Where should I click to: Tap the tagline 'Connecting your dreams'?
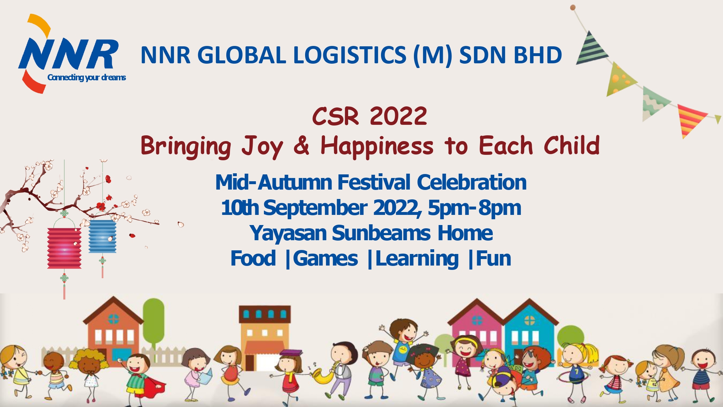pyautogui.click(x=87, y=77)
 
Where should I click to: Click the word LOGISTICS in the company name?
pyautogui.click(x=350, y=55)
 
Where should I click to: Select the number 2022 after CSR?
pyautogui.click(x=398, y=116)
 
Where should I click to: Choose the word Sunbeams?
pyautogui.click(x=381, y=233)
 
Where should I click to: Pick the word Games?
pyautogui.click(x=325, y=259)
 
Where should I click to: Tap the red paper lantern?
pyautogui.click(x=64, y=248)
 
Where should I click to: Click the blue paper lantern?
pyautogui.click(x=103, y=236)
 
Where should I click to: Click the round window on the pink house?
pyautogui.click(x=477, y=320)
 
